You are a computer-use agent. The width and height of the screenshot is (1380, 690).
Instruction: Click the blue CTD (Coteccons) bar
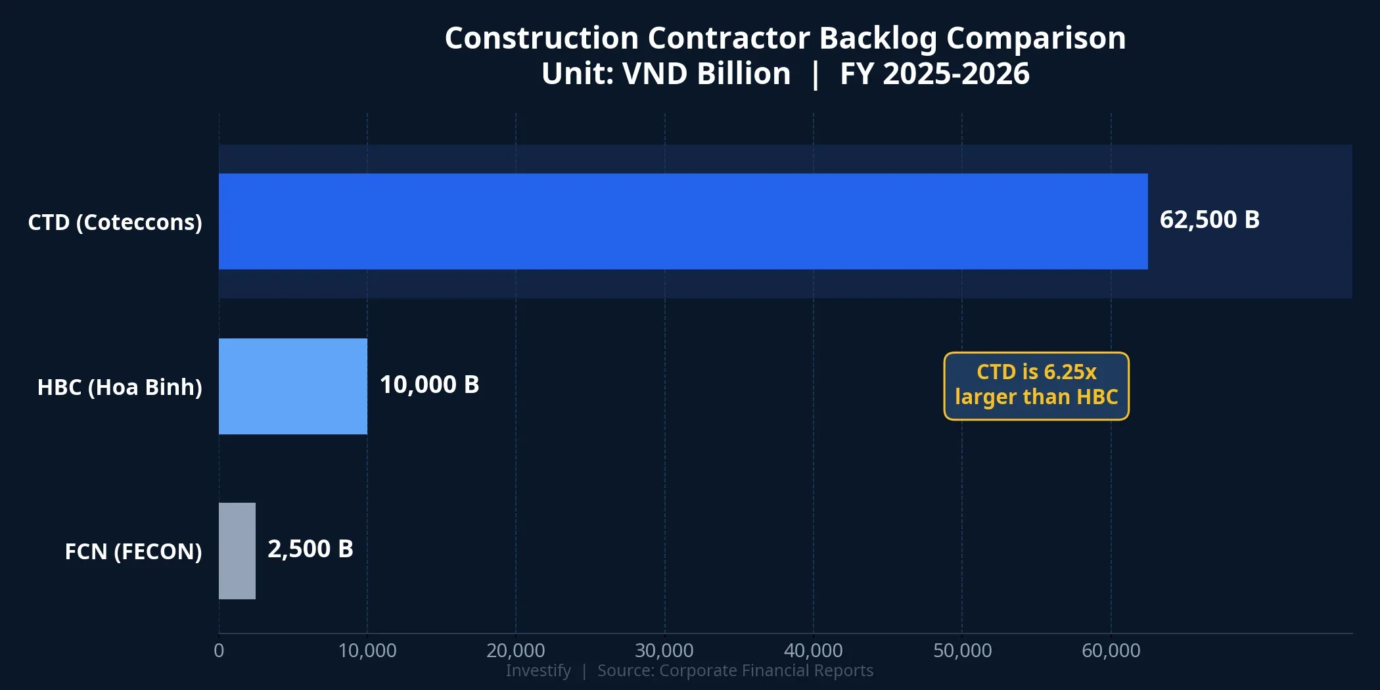coord(683,221)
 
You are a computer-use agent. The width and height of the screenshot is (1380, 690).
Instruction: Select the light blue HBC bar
coord(293,386)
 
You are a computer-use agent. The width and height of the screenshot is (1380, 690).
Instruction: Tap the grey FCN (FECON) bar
coord(237,551)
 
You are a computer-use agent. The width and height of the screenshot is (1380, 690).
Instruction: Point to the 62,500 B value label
coord(1209,219)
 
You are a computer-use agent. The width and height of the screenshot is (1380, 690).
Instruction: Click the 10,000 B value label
coord(429,384)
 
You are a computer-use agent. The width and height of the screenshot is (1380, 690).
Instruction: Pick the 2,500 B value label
coord(310,549)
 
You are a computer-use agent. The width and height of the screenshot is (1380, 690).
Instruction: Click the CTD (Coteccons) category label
coord(115,222)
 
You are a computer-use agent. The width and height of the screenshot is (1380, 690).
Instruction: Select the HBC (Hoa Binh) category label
coord(120,387)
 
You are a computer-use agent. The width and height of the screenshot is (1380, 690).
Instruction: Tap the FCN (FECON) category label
coord(133,551)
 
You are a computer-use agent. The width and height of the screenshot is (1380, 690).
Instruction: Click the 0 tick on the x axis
coord(219,651)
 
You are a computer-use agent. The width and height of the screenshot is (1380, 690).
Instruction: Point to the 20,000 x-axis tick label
coord(516,651)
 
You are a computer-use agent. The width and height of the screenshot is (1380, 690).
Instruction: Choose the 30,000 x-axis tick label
coord(664,651)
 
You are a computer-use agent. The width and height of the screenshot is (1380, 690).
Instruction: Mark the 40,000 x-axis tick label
coord(814,651)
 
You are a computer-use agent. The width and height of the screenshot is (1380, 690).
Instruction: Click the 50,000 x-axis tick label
coord(963,651)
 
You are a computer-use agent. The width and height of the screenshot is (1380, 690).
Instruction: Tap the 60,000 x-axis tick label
coord(1111,651)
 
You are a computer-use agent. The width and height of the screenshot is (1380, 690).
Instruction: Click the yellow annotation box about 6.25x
coord(1036,386)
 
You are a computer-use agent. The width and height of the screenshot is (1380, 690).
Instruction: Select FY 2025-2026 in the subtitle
coord(934,74)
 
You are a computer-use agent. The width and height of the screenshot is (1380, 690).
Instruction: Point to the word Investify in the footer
coord(538,670)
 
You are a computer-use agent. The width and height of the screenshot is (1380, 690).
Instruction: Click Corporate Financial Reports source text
coord(766,670)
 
